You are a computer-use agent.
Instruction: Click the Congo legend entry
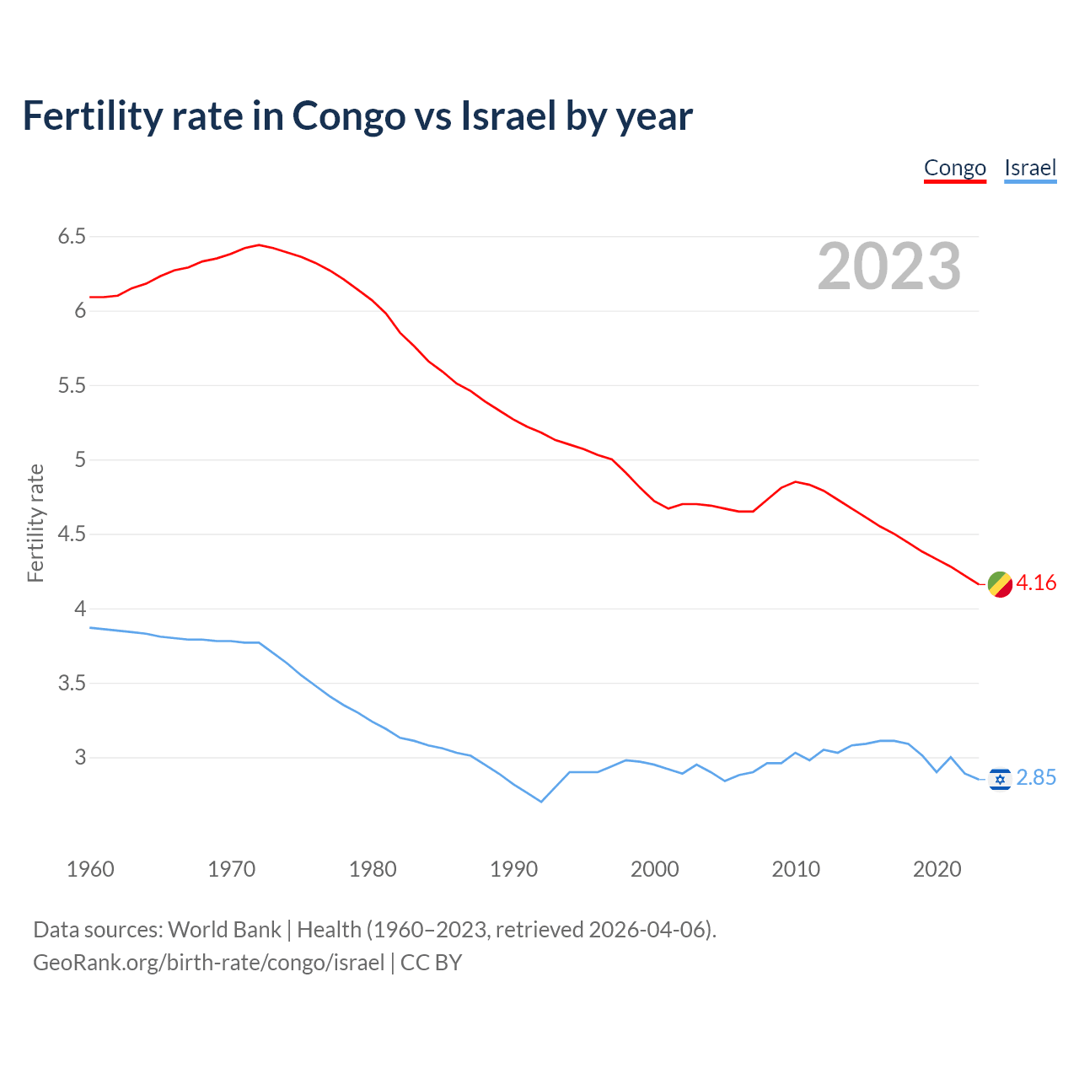(954, 169)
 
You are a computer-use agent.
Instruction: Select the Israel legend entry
(1030, 169)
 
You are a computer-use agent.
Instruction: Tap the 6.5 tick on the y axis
(72, 237)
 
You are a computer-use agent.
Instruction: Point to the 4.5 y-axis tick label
(72, 534)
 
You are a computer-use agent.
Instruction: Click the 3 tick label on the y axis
(80, 758)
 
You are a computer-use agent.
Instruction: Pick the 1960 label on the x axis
(90, 869)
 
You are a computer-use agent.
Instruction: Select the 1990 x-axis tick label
(513, 869)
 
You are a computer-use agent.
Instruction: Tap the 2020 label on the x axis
(937, 869)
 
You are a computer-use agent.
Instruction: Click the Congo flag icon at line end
(1000, 584)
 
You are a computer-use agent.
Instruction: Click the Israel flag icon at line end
(1000, 779)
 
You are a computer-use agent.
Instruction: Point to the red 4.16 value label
(1036, 583)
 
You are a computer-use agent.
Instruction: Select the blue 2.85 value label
(1036, 778)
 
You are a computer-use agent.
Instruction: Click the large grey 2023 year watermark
(889, 266)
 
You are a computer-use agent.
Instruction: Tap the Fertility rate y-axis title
(35, 523)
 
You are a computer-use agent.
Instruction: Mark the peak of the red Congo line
(259, 245)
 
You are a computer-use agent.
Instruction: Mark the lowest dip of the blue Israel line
(541, 802)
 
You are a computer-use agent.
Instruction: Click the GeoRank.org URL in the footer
(208, 963)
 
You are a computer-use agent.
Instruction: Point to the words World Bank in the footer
(224, 930)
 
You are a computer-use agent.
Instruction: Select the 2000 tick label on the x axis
(654, 869)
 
